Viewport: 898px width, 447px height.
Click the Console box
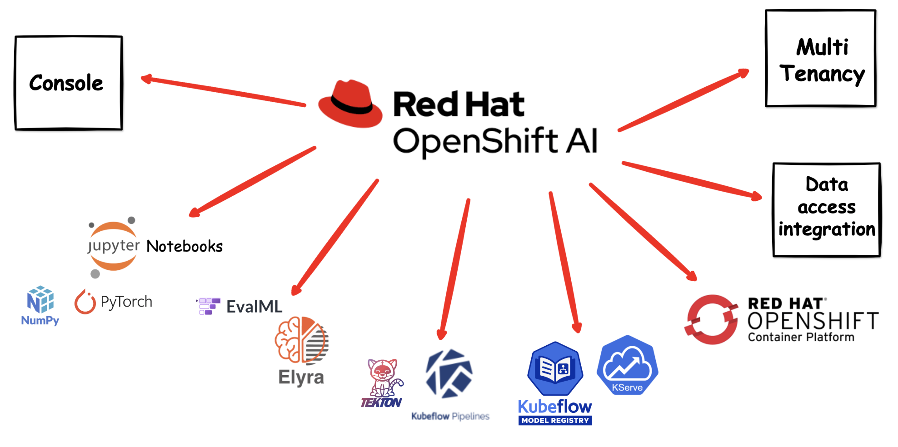click(x=68, y=83)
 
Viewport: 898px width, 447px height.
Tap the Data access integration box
click(x=827, y=209)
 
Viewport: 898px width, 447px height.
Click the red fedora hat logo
click(x=350, y=104)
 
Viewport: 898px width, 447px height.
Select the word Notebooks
click(x=185, y=246)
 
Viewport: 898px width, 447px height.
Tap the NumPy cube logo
click(x=40, y=300)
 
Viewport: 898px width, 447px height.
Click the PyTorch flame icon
click(x=85, y=302)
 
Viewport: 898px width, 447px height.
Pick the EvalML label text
click(x=254, y=307)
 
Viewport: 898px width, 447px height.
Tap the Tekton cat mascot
click(x=383, y=377)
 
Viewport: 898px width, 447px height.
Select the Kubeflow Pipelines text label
click(x=450, y=416)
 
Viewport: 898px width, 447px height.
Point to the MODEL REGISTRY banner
click(x=555, y=421)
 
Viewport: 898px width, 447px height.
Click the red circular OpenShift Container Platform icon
click(x=711, y=319)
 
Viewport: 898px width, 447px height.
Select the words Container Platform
click(x=801, y=338)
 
